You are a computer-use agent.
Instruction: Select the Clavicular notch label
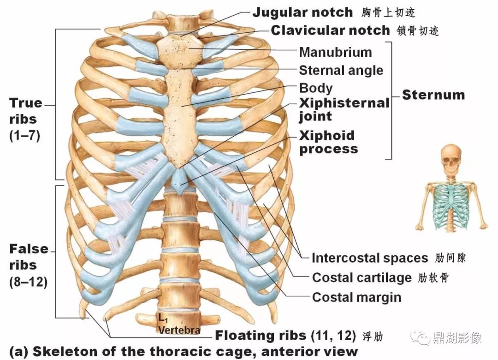pyautogui.click(x=330, y=30)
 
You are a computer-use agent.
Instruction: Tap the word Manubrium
pyautogui.click(x=335, y=52)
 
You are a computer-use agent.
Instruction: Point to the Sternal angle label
pyautogui.click(x=341, y=70)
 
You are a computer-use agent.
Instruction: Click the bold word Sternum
pyautogui.click(x=433, y=95)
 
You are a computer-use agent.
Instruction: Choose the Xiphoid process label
pyautogui.click(x=328, y=142)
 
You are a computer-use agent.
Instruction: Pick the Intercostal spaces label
pyautogui.click(x=370, y=258)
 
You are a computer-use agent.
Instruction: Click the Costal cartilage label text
pyautogui.click(x=362, y=277)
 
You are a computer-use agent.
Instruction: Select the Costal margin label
pyautogui.click(x=356, y=297)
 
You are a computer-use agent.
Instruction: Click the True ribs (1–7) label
pyautogui.click(x=26, y=119)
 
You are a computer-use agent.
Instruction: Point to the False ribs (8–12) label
pyautogui.click(x=29, y=265)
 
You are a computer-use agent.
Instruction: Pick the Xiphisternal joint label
pyautogui.click(x=344, y=109)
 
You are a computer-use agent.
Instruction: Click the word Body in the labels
pyautogui.click(x=315, y=88)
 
